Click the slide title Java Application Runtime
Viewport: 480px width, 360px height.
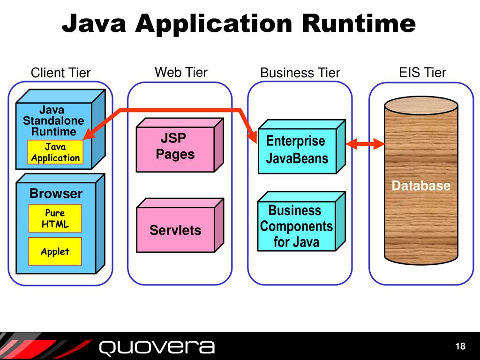[x=239, y=23]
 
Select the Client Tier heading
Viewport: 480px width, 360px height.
[x=60, y=73]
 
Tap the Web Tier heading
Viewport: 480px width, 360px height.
[x=181, y=72]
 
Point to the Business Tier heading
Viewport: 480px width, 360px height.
[x=300, y=73]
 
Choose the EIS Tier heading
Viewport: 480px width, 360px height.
[x=422, y=72]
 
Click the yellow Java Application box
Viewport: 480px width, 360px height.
[x=55, y=152]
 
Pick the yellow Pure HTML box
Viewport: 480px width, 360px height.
[x=55, y=218]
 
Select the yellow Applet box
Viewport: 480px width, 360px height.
[x=55, y=252]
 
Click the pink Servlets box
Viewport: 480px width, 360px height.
[x=175, y=230]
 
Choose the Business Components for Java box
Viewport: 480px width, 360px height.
[x=296, y=226]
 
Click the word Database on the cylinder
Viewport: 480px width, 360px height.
[x=421, y=186]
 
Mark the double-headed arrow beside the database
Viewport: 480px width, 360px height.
[x=365, y=144]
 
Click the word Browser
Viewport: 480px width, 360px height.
[x=56, y=194]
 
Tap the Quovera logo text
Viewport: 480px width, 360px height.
[x=157, y=347]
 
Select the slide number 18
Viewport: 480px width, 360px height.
[x=460, y=346]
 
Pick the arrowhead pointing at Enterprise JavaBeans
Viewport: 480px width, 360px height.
[x=254, y=137]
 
